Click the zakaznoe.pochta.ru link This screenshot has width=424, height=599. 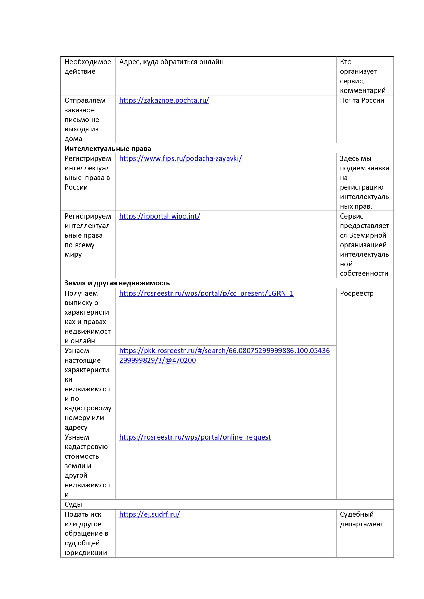pos(164,100)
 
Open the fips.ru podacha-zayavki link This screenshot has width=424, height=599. pos(180,158)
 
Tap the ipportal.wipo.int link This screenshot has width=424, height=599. pos(160,216)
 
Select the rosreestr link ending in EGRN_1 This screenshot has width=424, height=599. pos(206,293)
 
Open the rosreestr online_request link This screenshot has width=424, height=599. pos(195,437)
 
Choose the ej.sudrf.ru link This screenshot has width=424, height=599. pos(149,514)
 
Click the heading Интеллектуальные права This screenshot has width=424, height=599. pos(108,149)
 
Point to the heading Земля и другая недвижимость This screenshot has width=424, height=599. pos(117,283)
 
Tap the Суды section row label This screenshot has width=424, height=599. pos(73,504)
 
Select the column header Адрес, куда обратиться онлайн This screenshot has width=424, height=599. pos(172,62)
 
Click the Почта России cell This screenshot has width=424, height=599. pos(362,100)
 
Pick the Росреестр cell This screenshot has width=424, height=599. pos(357,293)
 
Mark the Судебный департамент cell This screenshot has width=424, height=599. pos(361,519)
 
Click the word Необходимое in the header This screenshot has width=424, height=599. pos(88,62)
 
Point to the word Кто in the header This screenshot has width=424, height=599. pos(346,62)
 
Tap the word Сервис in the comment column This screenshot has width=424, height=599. pos(352,216)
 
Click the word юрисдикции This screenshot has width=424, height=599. pos(86,553)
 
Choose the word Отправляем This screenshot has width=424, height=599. pos(85,100)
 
